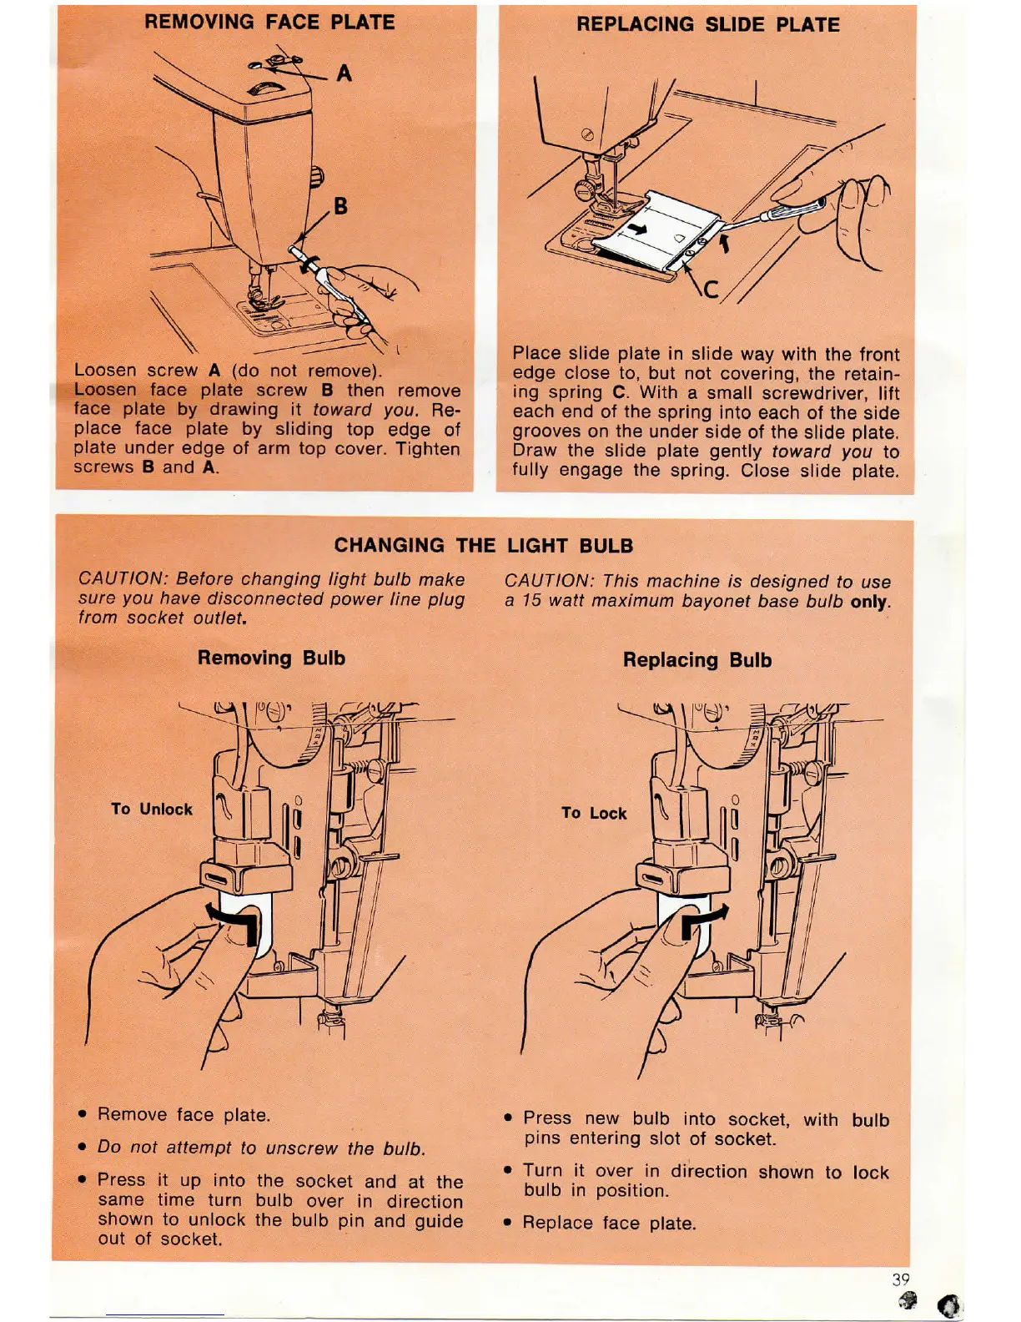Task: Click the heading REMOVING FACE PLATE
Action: click(x=269, y=22)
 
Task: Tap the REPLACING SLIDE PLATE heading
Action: click(x=707, y=24)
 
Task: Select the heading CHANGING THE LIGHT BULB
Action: click(x=484, y=545)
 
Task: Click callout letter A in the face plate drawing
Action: click(x=344, y=74)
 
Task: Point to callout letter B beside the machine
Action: click(x=340, y=205)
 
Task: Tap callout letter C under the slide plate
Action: click(x=711, y=290)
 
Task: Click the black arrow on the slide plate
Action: click(x=636, y=229)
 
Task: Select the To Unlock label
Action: click(x=152, y=809)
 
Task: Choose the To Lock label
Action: click(x=594, y=813)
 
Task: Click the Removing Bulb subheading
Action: click(x=271, y=658)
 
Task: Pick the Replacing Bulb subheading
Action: click(x=697, y=660)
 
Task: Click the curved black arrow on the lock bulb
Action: click(x=701, y=921)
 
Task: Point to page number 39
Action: click(x=901, y=1279)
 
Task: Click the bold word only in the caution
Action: click(x=869, y=601)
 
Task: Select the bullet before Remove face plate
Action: click(x=82, y=1114)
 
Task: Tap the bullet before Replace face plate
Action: click(x=508, y=1223)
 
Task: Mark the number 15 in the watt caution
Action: click(x=532, y=601)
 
